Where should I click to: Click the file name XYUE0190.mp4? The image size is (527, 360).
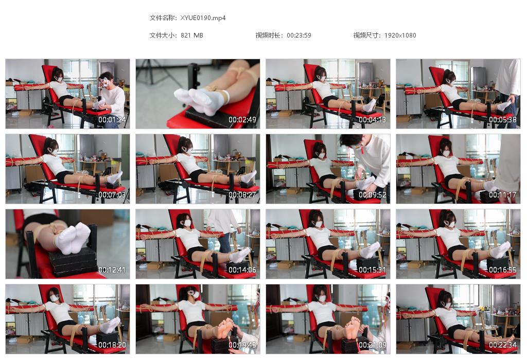point(203,18)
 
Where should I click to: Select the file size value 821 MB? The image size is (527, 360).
point(192,35)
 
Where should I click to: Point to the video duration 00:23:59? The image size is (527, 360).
point(299,35)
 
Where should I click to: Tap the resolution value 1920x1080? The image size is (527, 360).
point(400,35)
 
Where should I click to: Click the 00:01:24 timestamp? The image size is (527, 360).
point(112,120)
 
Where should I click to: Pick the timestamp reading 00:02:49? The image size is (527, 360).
point(242,120)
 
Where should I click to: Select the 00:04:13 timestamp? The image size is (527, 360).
point(373,120)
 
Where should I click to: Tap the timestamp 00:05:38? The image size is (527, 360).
point(503,120)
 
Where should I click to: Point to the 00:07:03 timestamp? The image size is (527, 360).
point(112,195)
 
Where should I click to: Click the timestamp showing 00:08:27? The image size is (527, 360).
point(242,195)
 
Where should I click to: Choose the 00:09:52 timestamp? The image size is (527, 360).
point(373,195)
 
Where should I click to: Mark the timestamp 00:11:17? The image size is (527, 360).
point(503,195)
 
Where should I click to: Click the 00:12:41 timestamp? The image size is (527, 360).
point(112,270)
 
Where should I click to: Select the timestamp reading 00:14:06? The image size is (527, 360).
point(242,270)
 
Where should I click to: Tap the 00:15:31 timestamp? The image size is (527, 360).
point(373,270)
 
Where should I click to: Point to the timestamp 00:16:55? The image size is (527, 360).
point(503,270)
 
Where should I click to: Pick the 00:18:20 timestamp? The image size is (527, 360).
point(112,345)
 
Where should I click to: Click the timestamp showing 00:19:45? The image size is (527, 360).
point(242,345)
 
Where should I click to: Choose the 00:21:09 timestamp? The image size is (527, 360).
point(373,345)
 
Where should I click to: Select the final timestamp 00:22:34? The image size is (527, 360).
point(503,345)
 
